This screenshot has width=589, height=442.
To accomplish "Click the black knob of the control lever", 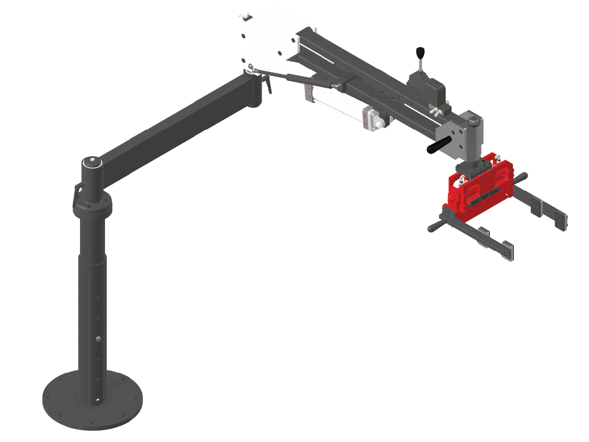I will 420,52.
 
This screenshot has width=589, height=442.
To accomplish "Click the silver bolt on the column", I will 100,339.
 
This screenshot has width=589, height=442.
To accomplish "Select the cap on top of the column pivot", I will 92,162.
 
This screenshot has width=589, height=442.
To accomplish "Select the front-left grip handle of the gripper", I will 434,227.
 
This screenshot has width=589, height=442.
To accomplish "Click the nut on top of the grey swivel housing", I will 473,120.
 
